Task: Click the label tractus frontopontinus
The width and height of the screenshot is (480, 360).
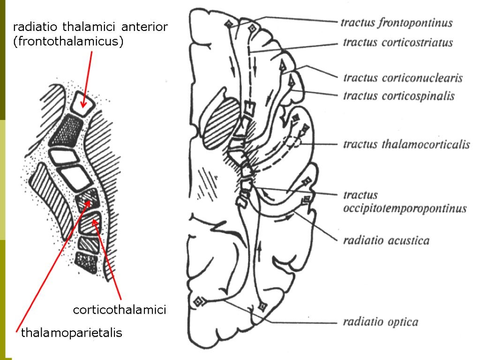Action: (x=396, y=22)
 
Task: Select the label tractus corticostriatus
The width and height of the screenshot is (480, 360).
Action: (x=397, y=43)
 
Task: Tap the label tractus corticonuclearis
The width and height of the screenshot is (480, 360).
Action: (x=403, y=77)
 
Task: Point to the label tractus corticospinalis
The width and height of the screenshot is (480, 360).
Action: (x=398, y=96)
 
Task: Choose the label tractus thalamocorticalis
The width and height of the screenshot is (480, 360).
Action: (x=406, y=144)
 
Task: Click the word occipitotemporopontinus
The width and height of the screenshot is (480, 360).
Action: (x=405, y=208)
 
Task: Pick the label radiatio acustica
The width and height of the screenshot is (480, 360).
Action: (x=386, y=240)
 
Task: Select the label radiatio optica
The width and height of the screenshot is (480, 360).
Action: (x=380, y=322)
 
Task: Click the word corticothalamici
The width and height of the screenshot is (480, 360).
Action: (x=120, y=310)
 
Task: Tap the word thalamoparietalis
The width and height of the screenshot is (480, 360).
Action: (x=72, y=333)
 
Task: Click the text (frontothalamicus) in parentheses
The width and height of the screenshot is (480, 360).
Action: (x=68, y=42)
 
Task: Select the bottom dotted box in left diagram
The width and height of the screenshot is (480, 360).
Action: (x=87, y=260)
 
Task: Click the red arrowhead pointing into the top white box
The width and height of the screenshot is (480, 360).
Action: (x=83, y=104)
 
